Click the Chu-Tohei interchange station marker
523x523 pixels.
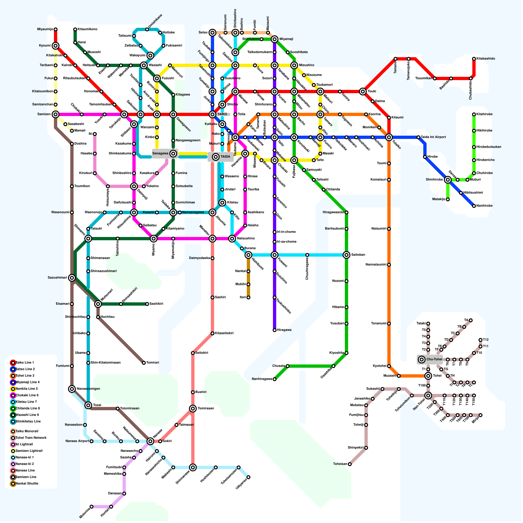pyautogui.click(x=422, y=360)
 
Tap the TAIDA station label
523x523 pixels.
pyautogui.click(x=225, y=157)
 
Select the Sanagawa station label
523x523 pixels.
pyautogui.click(x=160, y=153)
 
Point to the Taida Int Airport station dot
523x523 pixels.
pyautogui.click(x=418, y=137)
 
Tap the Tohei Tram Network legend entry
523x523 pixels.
pyautogui.click(x=31, y=438)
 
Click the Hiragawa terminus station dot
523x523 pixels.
pyautogui.click(x=275, y=330)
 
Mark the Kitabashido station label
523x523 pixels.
pyautogui.click(x=486, y=59)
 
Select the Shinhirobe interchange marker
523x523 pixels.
pyautogui.click(x=448, y=180)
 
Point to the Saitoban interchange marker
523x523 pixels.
pyautogui.click(x=346, y=255)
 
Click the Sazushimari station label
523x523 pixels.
pyautogui.click(x=57, y=278)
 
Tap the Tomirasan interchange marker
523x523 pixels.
pyautogui.click(x=193, y=409)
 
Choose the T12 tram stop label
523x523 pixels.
pyautogui.click(x=486, y=340)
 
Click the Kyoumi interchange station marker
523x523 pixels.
pyautogui.click(x=56, y=46)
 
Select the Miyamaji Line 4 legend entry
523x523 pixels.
pyautogui.click(x=28, y=382)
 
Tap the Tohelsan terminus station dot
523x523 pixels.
pyautogui.click(x=350, y=464)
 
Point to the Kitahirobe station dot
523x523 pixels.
pyautogui.click(x=474, y=114)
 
